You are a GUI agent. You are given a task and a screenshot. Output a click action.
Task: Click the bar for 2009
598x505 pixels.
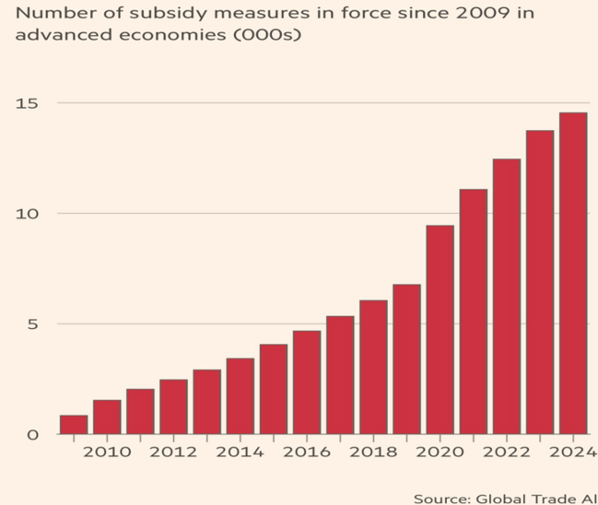click(x=74, y=425)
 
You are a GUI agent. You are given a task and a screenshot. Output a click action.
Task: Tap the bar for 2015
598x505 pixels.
click(x=274, y=389)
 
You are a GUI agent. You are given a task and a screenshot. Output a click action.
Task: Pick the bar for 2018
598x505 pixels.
click(x=373, y=367)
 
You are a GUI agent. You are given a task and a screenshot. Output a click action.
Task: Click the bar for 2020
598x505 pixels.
click(x=440, y=329)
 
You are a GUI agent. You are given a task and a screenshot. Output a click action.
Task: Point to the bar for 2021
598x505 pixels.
click(x=473, y=311)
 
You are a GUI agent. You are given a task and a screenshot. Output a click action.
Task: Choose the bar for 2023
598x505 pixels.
click(x=539, y=282)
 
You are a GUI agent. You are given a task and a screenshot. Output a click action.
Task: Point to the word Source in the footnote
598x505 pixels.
click(x=440, y=498)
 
